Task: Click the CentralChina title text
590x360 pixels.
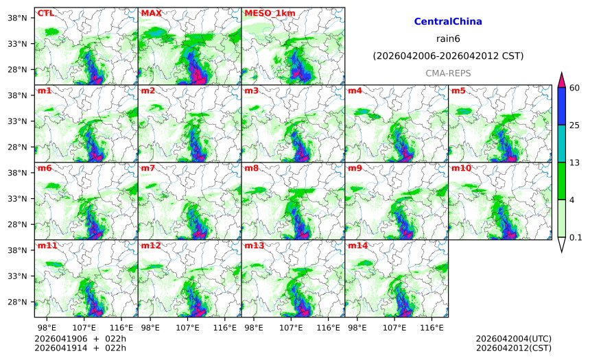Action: click(448, 22)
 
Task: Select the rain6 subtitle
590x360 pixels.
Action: click(448, 38)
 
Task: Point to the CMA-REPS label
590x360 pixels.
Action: click(448, 73)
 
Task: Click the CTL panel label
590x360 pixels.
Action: click(45, 13)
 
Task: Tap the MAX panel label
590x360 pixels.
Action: click(151, 13)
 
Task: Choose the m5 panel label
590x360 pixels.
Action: click(458, 91)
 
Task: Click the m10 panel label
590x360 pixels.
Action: click(461, 168)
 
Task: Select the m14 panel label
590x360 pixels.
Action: click(357, 245)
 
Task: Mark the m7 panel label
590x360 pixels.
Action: click(148, 168)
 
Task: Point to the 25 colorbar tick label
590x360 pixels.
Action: click(576, 125)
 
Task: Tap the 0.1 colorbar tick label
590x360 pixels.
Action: click(576, 237)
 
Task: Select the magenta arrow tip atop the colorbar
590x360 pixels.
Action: click(561, 80)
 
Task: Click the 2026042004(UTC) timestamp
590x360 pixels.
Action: click(513, 339)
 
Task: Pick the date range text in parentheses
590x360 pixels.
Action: click(448, 56)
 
